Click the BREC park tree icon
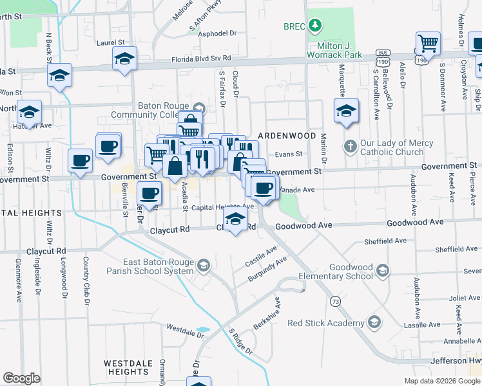click(x=314, y=26)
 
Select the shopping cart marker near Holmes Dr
click(x=427, y=44)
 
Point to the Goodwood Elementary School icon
click(x=383, y=270)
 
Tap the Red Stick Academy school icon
click(x=374, y=322)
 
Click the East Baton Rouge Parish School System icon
click(x=204, y=265)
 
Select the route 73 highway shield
click(x=334, y=301)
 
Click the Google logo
click(x=22, y=378)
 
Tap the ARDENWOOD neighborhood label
click(x=287, y=136)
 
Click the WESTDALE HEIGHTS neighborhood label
click(x=128, y=367)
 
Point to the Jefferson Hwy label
click(x=455, y=363)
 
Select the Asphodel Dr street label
click(x=218, y=33)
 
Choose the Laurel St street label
click(x=110, y=42)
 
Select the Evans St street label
click(x=289, y=154)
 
